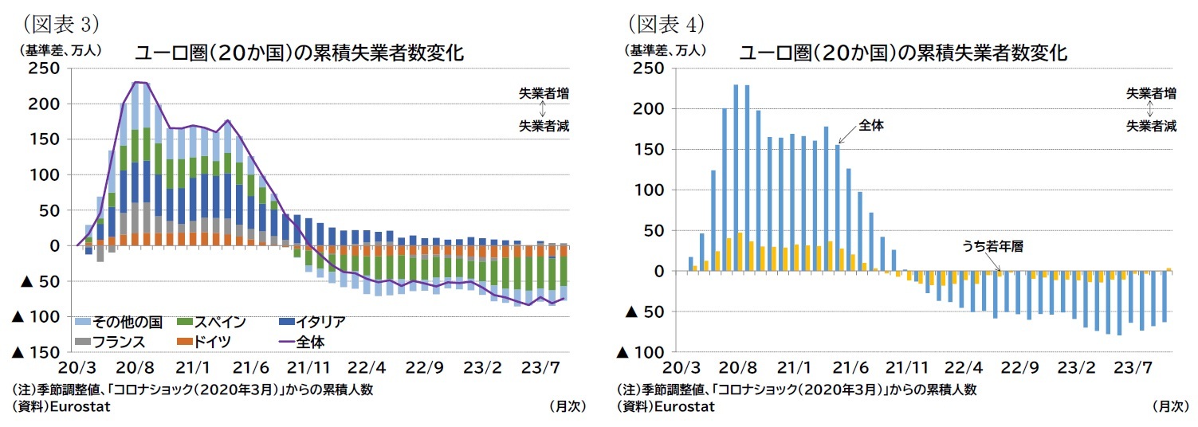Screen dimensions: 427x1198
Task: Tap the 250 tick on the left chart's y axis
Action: [x=44, y=69]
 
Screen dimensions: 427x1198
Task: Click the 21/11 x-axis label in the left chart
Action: [x=308, y=368]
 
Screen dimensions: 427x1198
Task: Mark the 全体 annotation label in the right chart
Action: [x=872, y=125]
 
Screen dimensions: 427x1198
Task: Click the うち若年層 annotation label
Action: [x=991, y=247]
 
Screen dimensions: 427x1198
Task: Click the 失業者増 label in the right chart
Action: [x=1150, y=93]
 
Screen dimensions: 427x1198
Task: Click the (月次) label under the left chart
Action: [x=568, y=406]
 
